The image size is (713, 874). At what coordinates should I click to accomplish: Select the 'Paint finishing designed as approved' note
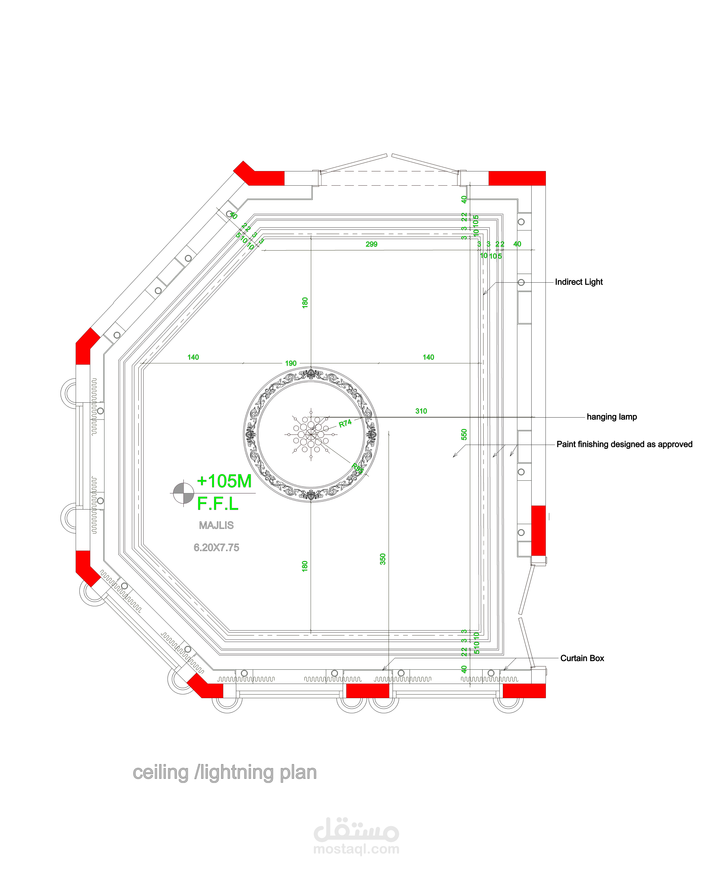click(x=624, y=445)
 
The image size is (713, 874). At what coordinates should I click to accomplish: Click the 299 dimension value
click(x=371, y=244)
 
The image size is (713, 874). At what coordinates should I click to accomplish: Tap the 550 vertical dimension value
click(x=464, y=434)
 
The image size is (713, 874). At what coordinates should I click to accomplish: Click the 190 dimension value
click(x=291, y=363)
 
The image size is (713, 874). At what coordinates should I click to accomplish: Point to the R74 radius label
click(x=345, y=423)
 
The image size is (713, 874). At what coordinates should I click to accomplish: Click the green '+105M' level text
click(x=224, y=481)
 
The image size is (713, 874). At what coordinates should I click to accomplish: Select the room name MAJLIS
click(x=216, y=526)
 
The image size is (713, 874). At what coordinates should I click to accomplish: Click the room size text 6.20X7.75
click(x=216, y=548)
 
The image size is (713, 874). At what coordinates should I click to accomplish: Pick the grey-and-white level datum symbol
click(x=183, y=493)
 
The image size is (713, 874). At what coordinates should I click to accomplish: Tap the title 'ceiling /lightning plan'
click(x=225, y=773)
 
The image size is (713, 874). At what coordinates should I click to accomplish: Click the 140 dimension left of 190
click(x=193, y=357)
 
